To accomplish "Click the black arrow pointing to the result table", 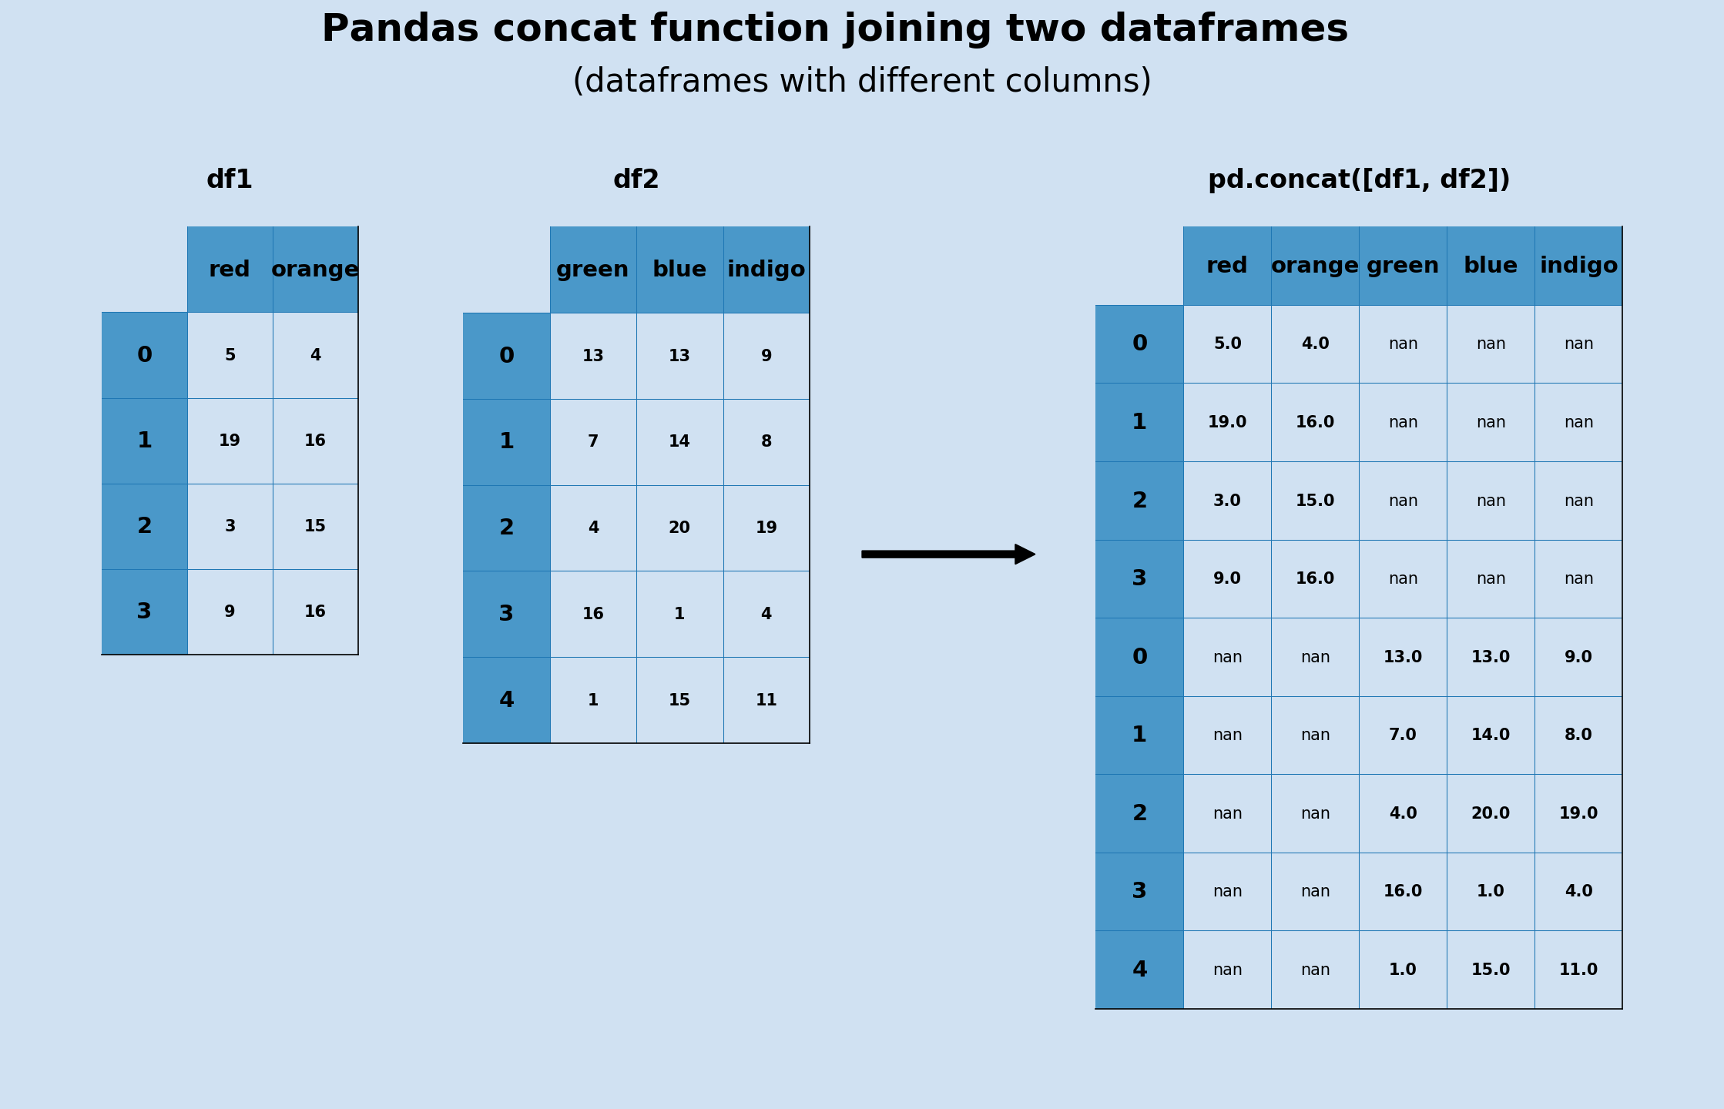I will click(948, 554).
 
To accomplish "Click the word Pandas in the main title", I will click(401, 29).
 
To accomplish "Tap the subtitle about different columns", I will click(861, 82).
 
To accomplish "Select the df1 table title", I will click(230, 180).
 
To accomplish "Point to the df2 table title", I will click(636, 180).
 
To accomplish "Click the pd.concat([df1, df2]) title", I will click(1359, 180).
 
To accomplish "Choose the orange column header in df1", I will click(315, 270).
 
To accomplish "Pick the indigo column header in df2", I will click(766, 270).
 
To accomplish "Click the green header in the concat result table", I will click(1403, 266).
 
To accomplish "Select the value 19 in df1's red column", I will click(230, 441).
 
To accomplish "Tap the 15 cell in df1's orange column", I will click(315, 527).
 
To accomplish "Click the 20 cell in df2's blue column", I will click(679, 528).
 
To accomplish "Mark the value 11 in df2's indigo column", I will click(766, 701).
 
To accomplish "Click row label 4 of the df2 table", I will click(506, 701).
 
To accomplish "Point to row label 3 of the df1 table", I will click(144, 612).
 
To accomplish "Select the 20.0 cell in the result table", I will click(1491, 814).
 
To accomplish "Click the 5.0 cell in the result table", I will click(1227, 344).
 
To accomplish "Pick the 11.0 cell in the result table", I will click(1578, 970).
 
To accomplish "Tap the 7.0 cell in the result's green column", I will click(1403, 735).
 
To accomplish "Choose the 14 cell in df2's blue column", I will click(679, 442).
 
